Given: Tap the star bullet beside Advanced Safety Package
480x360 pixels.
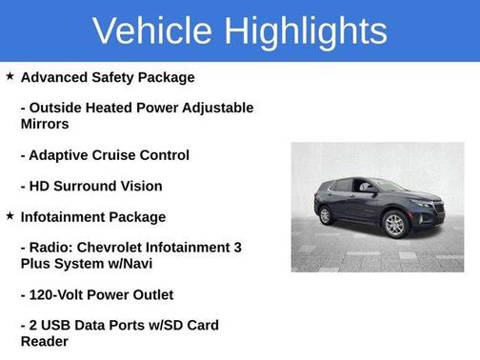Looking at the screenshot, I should click(10, 76).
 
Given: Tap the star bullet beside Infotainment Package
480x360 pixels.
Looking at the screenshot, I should click(10, 216).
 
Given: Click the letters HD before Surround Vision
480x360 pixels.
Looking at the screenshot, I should click(41, 186).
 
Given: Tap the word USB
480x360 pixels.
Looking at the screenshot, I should click(59, 326).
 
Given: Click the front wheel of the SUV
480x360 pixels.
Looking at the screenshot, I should click(396, 225).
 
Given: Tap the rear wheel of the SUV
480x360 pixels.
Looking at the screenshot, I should click(325, 215).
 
